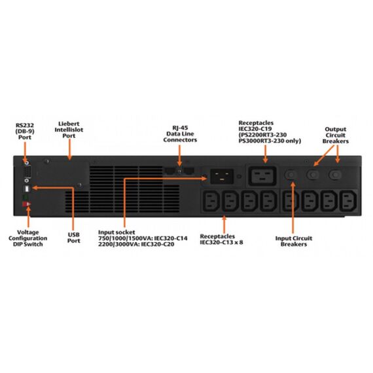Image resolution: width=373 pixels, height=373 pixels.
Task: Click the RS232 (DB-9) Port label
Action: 25,132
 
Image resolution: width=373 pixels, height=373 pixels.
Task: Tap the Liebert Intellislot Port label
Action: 69,130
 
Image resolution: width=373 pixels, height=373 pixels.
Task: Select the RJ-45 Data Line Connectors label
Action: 180,134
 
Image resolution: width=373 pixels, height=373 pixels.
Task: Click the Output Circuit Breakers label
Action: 336,135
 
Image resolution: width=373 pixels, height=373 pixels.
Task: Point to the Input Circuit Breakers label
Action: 294,241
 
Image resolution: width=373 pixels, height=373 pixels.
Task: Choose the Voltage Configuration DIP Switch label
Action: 28,238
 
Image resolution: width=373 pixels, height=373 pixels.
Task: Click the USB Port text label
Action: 73,238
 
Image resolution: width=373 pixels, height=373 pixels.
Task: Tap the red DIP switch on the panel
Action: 26,204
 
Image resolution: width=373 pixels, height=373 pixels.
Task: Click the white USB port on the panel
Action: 27,189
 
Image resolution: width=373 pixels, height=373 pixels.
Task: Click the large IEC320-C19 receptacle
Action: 262,176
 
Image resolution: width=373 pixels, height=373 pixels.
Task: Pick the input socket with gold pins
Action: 222,176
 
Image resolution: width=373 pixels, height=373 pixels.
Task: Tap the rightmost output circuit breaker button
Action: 336,175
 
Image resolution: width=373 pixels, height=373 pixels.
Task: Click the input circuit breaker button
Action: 291,175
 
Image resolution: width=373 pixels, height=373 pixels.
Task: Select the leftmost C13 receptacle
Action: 211,201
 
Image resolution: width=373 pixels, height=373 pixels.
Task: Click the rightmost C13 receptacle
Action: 348,201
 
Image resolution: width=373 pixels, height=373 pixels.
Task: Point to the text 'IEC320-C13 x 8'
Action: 221,242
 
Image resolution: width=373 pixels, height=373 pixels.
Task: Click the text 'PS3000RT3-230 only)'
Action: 270,141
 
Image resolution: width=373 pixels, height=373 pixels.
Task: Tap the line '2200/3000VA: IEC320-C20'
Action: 136,244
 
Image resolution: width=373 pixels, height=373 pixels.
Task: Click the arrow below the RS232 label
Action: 25,152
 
